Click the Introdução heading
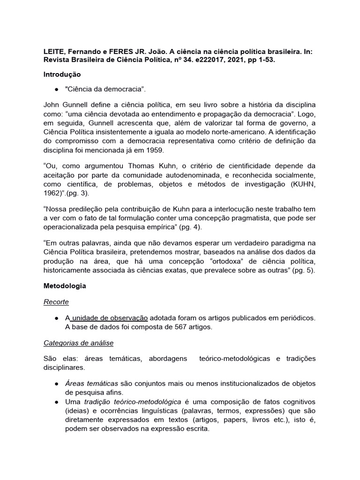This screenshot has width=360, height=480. [x=62, y=75]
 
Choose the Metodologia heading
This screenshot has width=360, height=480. [x=65, y=285]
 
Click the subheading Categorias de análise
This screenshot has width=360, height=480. [x=78, y=343]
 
